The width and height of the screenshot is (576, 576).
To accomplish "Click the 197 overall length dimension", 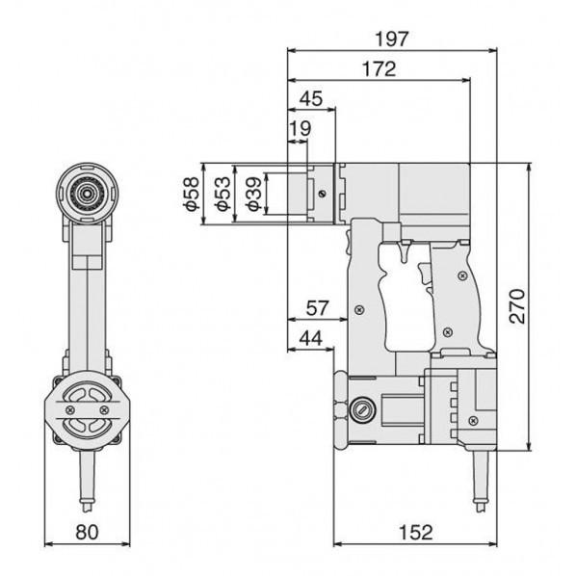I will pyautogui.click(x=393, y=39).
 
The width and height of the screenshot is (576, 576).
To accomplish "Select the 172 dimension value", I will pyautogui.click(x=380, y=70).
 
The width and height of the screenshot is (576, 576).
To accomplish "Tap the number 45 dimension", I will pyautogui.click(x=311, y=99).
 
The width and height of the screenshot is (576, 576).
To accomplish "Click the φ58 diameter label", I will pyautogui.click(x=191, y=195).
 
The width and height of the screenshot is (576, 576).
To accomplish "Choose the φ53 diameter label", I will pyautogui.click(x=221, y=195).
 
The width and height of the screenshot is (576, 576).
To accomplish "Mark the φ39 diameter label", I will pyautogui.click(x=251, y=195).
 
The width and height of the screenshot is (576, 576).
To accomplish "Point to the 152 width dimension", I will pyautogui.click(x=414, y=532).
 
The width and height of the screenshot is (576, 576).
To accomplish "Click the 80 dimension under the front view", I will pyautogui.click(x=88, y=532).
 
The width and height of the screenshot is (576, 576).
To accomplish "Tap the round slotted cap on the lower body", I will pyautogui.click(x=362, y=408).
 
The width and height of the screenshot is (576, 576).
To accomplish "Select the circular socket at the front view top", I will pyautogui.click(x=88, y=192).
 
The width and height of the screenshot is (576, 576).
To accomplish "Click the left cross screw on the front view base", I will pyautogui.click(x=73, y=408).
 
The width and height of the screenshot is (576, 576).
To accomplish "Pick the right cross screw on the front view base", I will pyautogui.click(x=102, y=408).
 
